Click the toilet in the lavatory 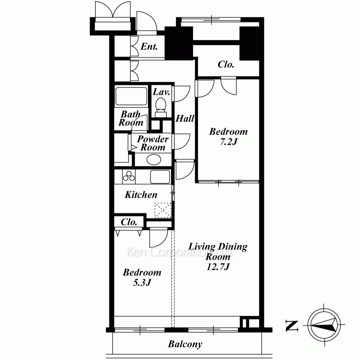click(161, 107)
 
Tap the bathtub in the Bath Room click(131, 96)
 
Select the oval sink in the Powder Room click(154, 159)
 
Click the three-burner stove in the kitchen click(129, 176)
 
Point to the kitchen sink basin click(160, 177)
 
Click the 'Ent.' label click(149, 46)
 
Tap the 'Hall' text click(185, 118)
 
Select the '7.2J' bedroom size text click(229, 142)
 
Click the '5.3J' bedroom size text click(142, 283)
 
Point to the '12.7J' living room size click(218, 267)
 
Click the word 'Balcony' click(185, 344)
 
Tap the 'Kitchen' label click(141, 195)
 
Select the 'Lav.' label click(161, 92)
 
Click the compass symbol click(324, 325)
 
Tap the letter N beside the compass click(292, 326)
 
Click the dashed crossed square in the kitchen click(163, 210)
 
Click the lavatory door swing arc click(182, 94)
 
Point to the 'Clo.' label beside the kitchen click(129, 222)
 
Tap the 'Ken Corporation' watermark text click(180, 252)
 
